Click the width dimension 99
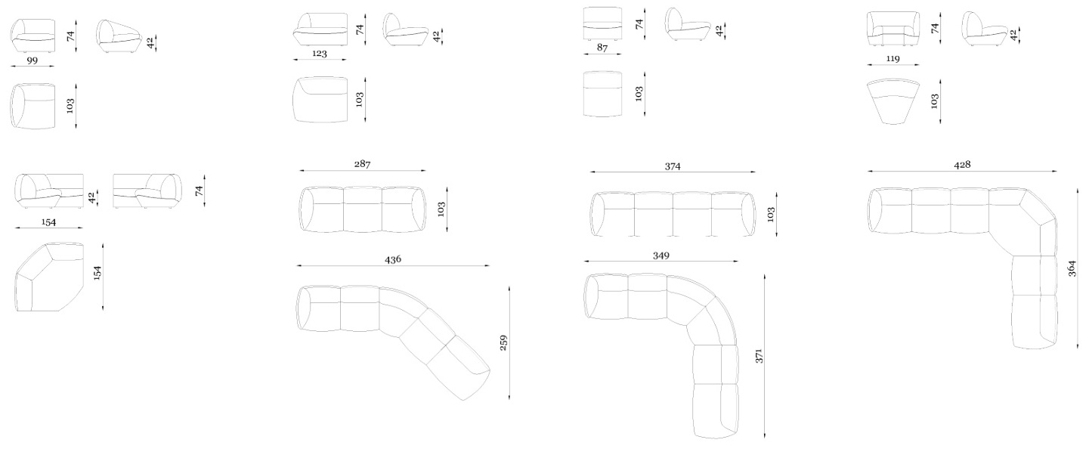pyautogui.click(x=32, y=60)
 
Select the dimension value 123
pyautogui.click(x=320, y=54)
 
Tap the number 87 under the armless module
pyautogui.click(x=602, y=48)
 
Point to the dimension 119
pyautogui.click(x=893, y=58)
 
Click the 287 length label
pyautogui.click(x=362, y=164)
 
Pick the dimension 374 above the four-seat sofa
pyautogui.click(x=673, y=166)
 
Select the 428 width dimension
pyautogui.click(x=962, y=165)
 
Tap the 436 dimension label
pyautogui.click(x=393, y=259)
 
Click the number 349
pyautogui.click(x=661, y=255)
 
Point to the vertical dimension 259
pyautogui.click(x=503, y=342)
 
